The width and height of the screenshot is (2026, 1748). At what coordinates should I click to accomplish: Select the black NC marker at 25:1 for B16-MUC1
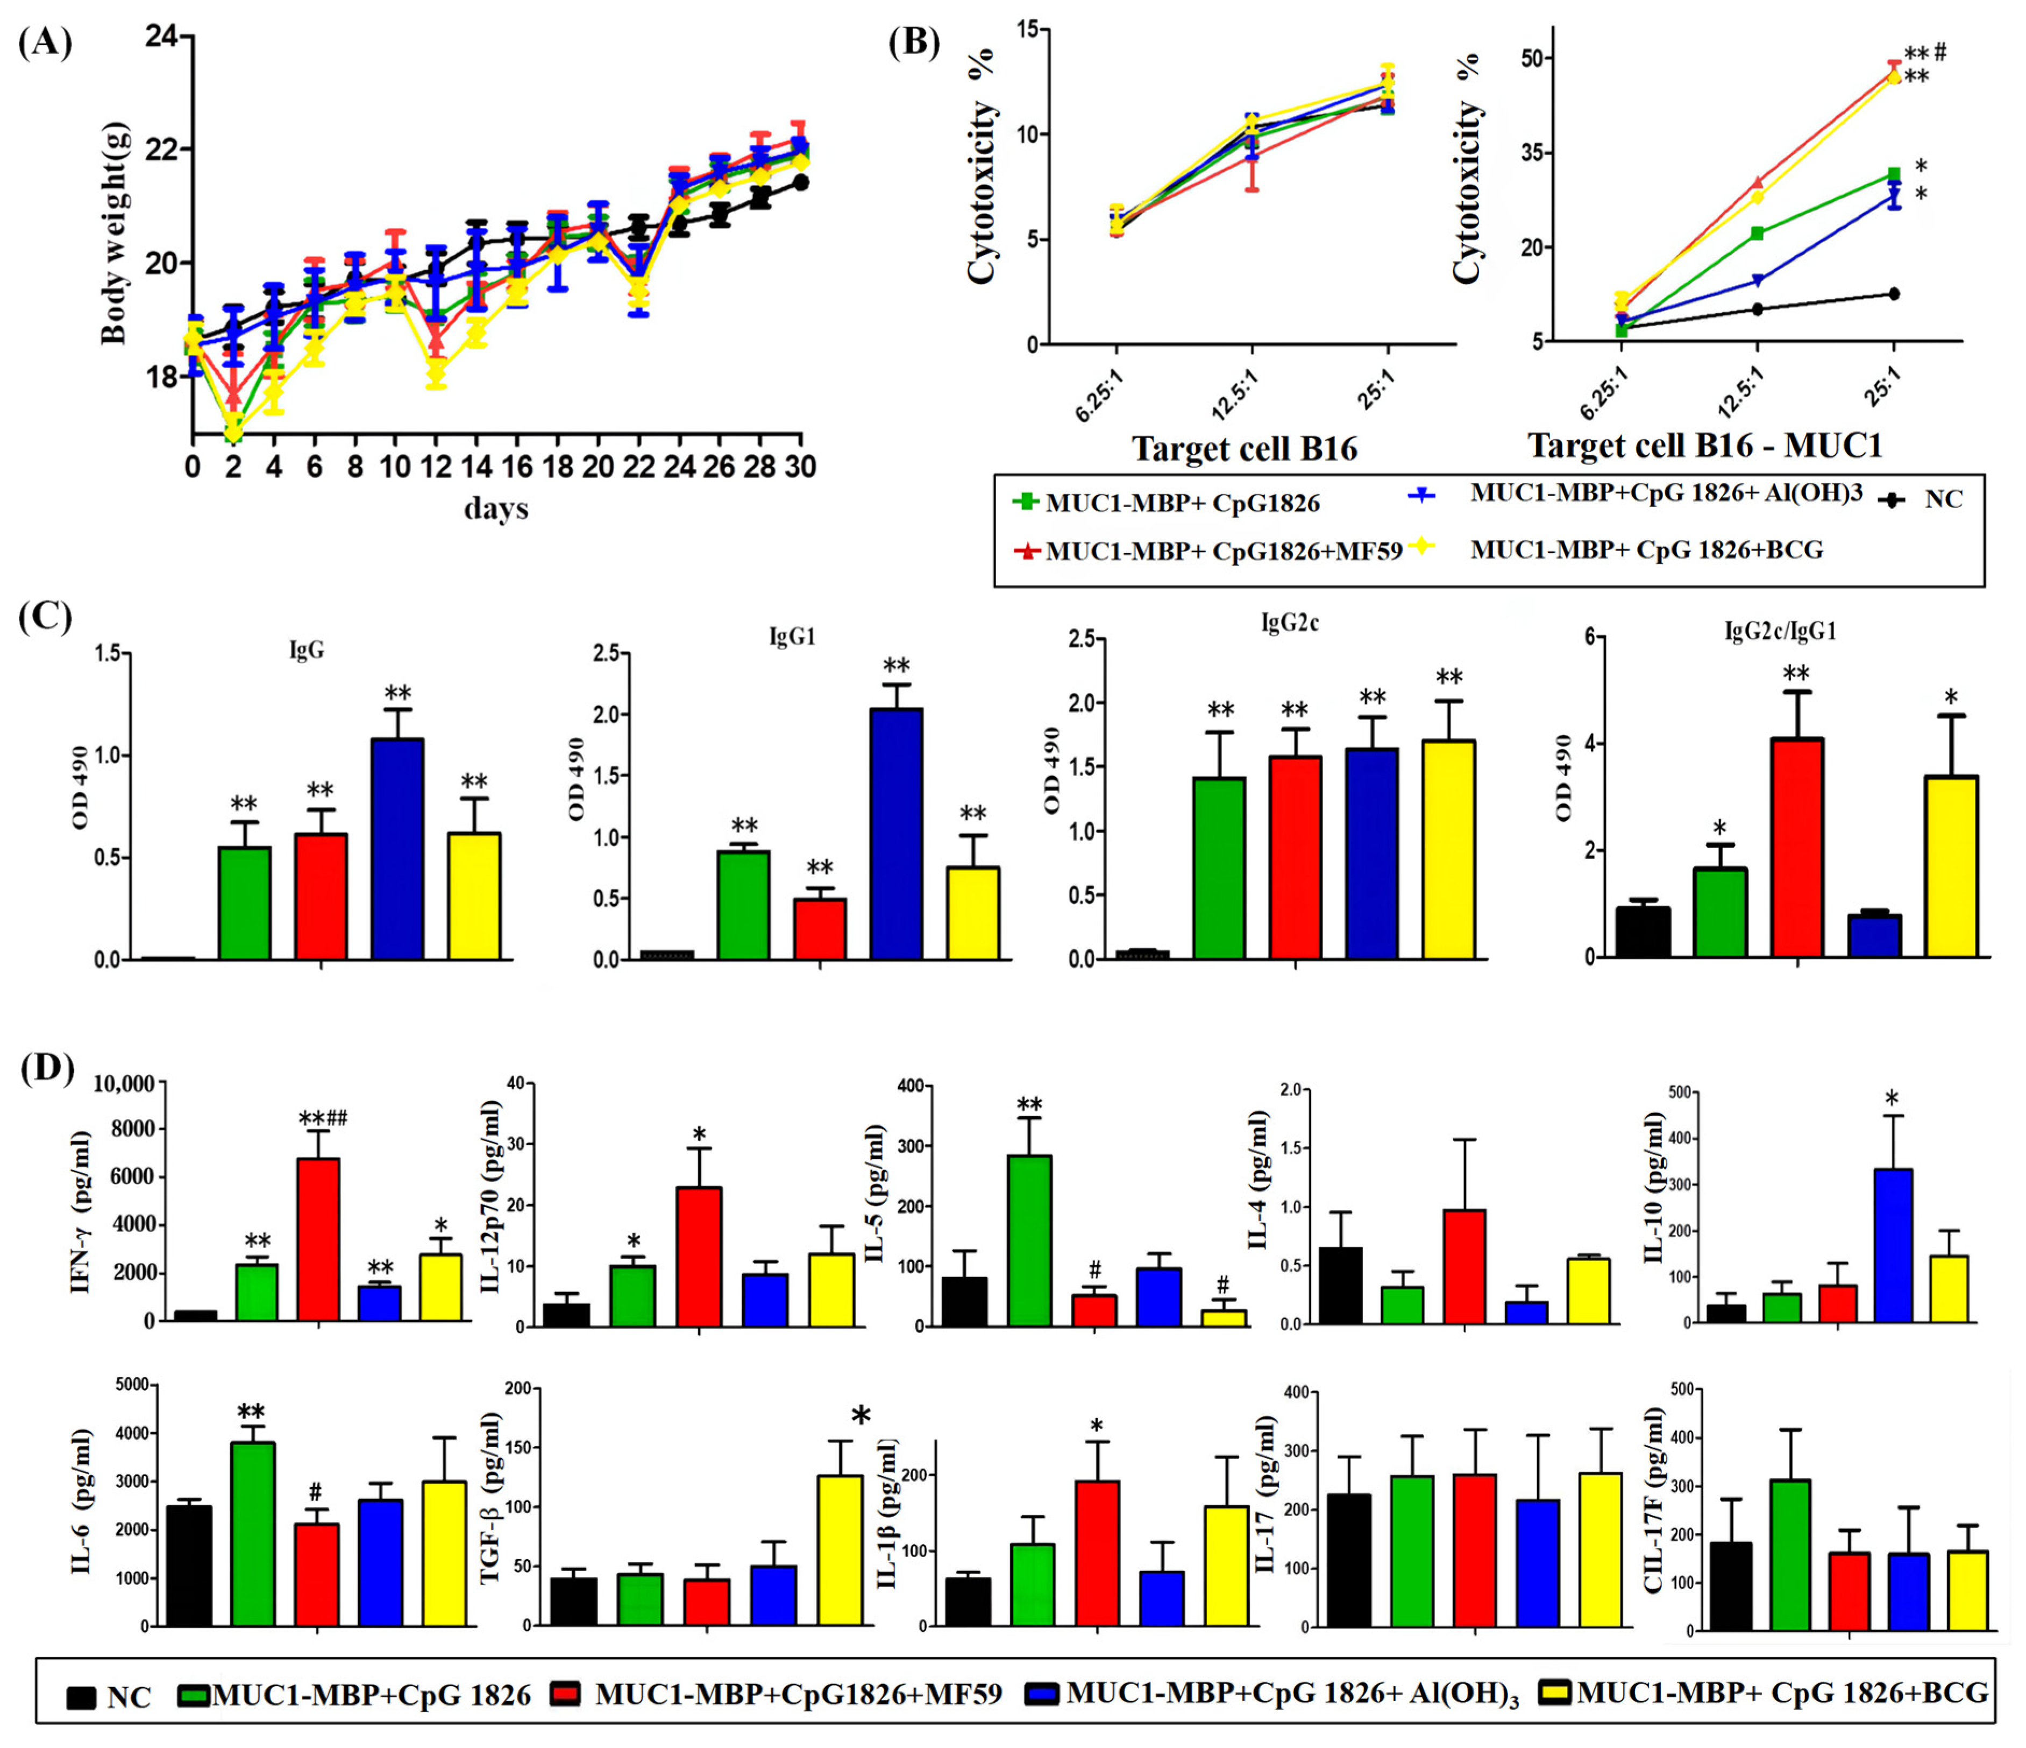[1894, 293]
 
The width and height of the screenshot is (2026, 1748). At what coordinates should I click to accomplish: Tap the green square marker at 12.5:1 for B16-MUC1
[1757, 234]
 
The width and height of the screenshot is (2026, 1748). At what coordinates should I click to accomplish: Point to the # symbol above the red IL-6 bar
[315, 1492]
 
